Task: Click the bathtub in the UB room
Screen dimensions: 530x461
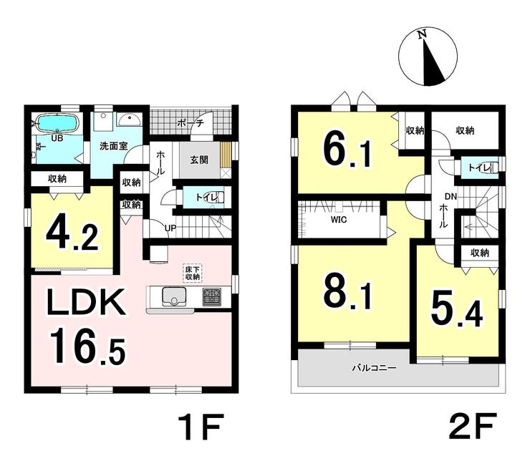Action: [57, 124]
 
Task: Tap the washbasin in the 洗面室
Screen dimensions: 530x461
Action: [129, 120]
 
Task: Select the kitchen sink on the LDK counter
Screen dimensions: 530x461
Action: [174, 296]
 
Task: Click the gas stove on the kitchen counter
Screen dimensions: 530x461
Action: [211, 297]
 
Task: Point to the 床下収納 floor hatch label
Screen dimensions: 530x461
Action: [193, 273]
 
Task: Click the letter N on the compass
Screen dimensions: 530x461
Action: [421, 34]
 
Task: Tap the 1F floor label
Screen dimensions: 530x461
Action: [200, 427]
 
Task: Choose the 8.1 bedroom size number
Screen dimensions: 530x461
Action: [348, 292]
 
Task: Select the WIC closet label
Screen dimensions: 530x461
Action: [339, 220]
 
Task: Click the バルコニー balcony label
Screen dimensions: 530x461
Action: [374, 368]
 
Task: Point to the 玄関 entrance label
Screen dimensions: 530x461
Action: [199, 160]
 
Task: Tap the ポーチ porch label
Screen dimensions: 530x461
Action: [191, 123]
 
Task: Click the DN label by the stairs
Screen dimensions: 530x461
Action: [450, 196]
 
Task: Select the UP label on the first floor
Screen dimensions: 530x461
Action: [170, 228]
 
